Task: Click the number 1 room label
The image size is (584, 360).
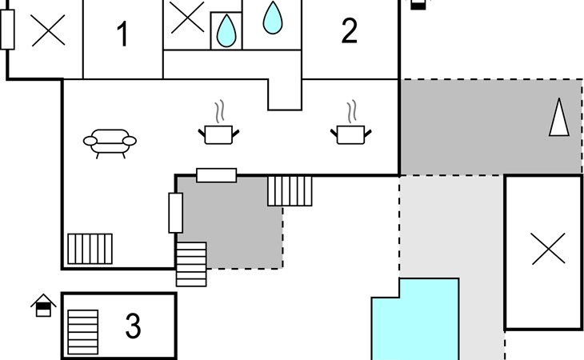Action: pos(123,34)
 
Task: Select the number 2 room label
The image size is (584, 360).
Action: pos(350,31)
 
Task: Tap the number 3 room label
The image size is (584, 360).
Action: pos(133,326)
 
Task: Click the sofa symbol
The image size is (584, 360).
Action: pos(110,144)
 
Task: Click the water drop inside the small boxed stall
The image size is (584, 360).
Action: pos(226,31)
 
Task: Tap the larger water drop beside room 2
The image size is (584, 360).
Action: pos(273,18)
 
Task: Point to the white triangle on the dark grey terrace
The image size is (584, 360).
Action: pos(559,117)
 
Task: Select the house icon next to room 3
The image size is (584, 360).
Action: pos(43,306)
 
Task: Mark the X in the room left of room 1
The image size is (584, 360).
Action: pos(49,30)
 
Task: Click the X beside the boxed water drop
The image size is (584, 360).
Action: pos(187,17)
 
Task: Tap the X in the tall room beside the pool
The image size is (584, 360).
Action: pos(549,249)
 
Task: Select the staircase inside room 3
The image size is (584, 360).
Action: pos(83,332)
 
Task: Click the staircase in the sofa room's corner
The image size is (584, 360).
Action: pos(90,249)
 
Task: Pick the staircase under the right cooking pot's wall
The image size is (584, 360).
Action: pos(290,191)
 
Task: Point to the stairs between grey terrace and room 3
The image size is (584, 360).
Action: pos(191,264)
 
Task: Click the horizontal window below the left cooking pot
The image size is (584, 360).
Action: pos(216,175)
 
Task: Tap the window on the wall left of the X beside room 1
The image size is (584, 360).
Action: pos(7,30)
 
